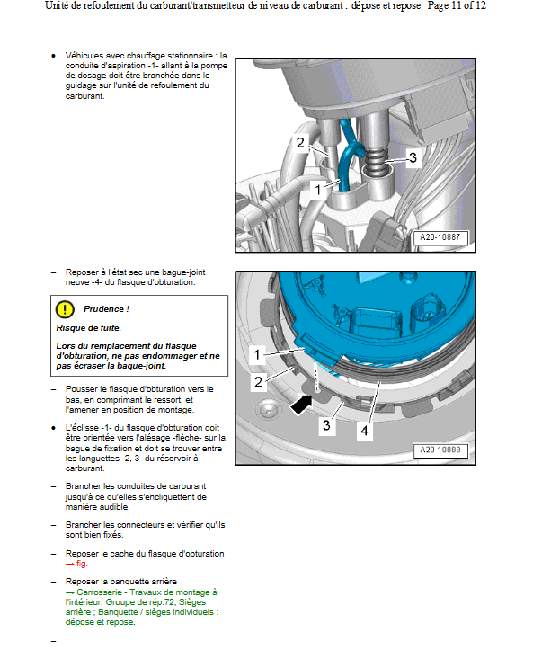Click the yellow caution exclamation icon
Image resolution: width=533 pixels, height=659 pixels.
click(65, 309)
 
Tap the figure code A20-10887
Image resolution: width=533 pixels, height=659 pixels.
click(440, 237)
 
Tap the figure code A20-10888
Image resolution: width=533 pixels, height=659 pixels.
click(440, 450)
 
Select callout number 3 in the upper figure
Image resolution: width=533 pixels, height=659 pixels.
click(413, 157)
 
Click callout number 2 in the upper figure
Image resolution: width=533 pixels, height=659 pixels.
click(300, 142)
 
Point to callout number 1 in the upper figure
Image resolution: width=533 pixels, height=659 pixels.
click(317, 190)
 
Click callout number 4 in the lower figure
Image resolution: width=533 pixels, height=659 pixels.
click(364, 431)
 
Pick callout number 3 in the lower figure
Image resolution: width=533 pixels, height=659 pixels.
click(326, 425)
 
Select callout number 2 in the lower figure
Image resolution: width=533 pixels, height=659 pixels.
click(258, 382)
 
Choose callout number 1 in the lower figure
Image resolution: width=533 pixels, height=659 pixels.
click(257, 355)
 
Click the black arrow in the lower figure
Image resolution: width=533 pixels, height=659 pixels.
click(302, 405)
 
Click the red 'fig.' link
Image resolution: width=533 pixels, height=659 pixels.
click(82, 564)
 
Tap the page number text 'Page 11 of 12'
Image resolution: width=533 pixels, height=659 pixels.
click(457, 6)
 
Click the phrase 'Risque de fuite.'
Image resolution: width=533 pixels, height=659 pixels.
click(89, 328)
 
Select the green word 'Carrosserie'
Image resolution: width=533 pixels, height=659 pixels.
click(99, 592)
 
